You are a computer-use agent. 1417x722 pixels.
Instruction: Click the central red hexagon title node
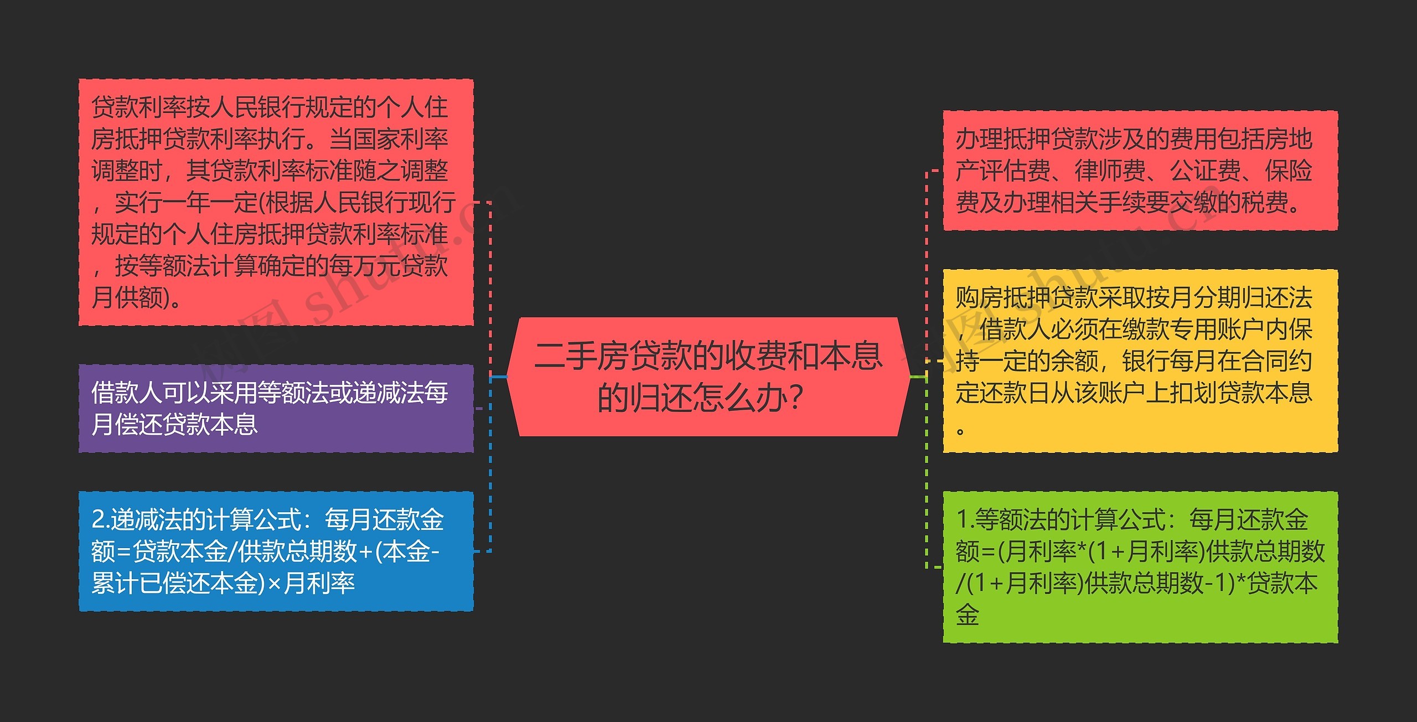[x=708, y=377]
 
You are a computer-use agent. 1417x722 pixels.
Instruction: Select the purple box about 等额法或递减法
[x=276, y=409]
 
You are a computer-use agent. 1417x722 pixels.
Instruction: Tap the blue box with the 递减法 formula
[x=276, y=551]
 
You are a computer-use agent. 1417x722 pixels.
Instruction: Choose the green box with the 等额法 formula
[x=1140, y=567]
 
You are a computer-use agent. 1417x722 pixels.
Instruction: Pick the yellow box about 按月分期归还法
[x=1140, y=361]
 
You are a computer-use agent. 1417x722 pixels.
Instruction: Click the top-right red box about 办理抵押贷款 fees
[x=1140, y=171]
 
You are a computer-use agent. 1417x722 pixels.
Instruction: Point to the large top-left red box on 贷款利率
[x=276, y=202]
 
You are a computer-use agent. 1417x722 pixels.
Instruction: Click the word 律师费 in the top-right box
[x=1110, y=171]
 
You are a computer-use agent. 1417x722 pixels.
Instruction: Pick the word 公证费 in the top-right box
[x=1205, y=171]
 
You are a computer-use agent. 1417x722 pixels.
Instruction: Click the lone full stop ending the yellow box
[x=961, y=431]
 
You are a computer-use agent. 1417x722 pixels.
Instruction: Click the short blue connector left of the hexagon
[x=499, y=377]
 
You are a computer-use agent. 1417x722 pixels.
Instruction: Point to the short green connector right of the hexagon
[x=918, y=377]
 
